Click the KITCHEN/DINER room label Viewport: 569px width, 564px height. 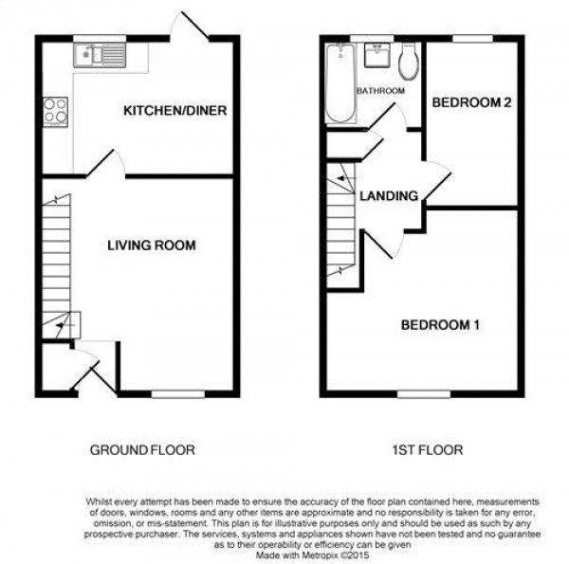tap(174, 110)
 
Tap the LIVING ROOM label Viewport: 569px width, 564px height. tap(152, 246)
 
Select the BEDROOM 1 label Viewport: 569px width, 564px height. tap(440, 324)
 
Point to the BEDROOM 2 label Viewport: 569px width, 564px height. tap(471, 102)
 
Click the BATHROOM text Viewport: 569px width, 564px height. tap(380, 91)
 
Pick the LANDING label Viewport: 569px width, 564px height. tap(389, 196)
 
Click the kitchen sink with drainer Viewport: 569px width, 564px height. tap(100, 56)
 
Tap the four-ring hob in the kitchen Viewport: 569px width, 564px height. tap(56, 111)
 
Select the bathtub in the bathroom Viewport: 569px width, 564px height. tap(340, 83)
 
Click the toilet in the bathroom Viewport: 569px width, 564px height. tap(409, 62)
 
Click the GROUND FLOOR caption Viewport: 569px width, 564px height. tap(142, 450)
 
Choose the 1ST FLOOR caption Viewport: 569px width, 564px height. tap(428, 450)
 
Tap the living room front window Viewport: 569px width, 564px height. tap(178, 394)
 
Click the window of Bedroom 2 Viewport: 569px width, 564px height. tap(472, 39)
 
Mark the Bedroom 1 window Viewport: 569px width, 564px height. tap(424, 394)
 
